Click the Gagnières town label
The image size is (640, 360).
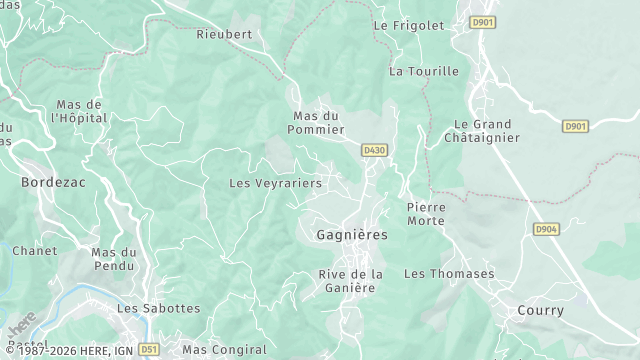click(351, 235)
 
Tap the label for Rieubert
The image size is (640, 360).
click(224, 33)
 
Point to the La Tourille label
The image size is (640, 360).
click(424, 71)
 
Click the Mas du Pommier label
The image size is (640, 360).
click(317, 122)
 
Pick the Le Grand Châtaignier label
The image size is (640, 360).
click(480, 130)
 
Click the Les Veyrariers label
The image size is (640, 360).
click(276, 183)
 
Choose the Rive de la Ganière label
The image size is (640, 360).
click(351, 281)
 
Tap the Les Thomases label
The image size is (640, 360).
click(449, 273)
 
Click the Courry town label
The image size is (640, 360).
click(541, 311)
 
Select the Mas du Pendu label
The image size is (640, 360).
click(113, 259)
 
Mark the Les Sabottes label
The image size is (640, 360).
click(159, 309)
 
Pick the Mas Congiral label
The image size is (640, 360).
click(225, 350)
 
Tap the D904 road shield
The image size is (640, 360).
click(545, 229)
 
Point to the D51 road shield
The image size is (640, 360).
click(149, 350)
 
